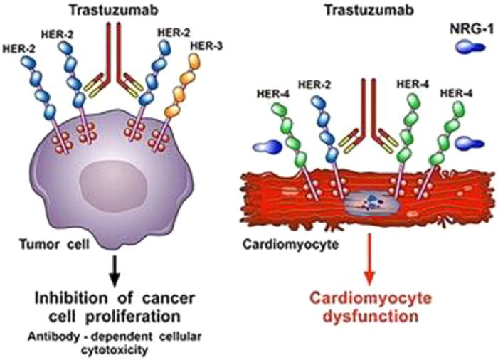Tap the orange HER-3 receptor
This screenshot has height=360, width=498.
pyautogui.click(x=179, y=96)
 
